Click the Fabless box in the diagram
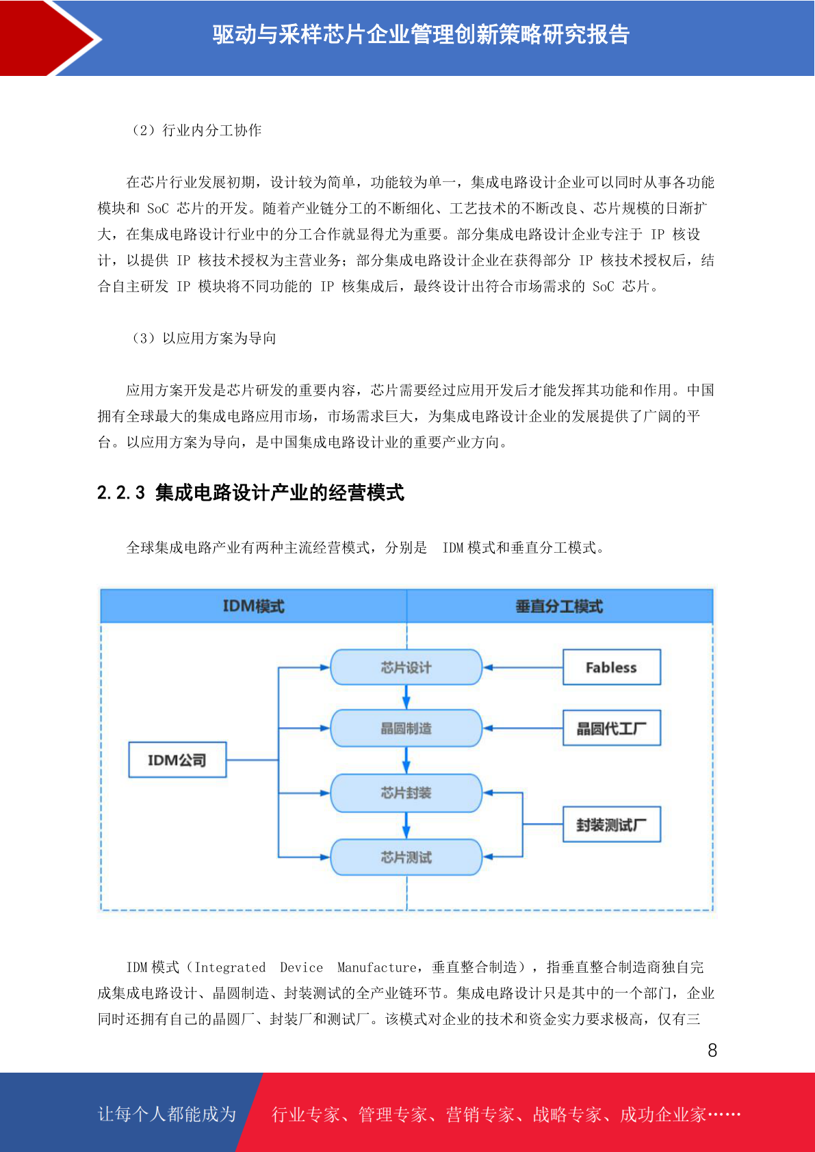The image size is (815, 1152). click(611, 667)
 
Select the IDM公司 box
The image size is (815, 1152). click(177, 759)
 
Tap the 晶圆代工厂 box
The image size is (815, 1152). click(611, 729)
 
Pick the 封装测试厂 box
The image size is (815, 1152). click(611, 824)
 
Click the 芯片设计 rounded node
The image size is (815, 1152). click(406, 668)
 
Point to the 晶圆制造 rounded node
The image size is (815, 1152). click(406, 729)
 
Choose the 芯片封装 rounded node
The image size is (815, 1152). click(406, 793)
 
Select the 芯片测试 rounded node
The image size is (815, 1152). click(406, 857)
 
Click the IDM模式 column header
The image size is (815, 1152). click(254, 606)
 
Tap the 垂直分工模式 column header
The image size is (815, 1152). click(560, 606)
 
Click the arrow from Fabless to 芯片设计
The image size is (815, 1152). click(523, 668)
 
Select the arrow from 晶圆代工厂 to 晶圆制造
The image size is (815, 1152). click(523, 729)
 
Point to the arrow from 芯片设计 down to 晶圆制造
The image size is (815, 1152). click(406, 697)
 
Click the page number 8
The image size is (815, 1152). click(712, 1051)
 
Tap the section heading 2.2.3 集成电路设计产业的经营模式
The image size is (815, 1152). click(250, 493)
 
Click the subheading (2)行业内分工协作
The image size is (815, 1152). click(196, 130)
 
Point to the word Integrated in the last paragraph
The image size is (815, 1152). click(230, 967)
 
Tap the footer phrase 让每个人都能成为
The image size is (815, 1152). click(167, 1114)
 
